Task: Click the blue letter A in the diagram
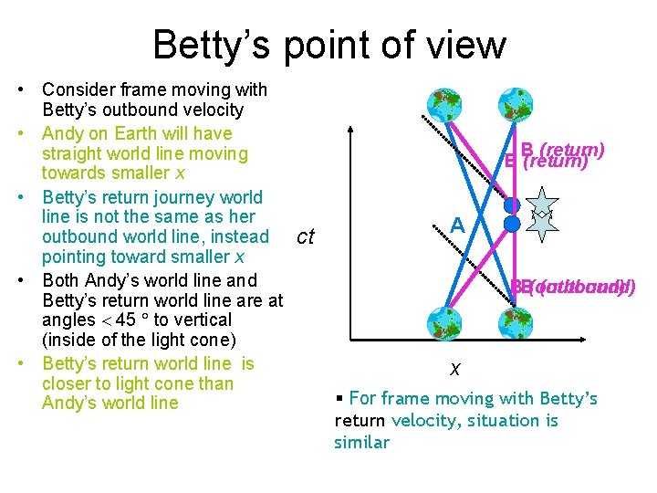(x=457, y=224)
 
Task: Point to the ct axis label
(x=306, y=237)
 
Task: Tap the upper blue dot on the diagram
(x=512, y=205)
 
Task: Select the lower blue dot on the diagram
(x=512, y=223)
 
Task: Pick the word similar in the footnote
(x=361, y=443)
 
